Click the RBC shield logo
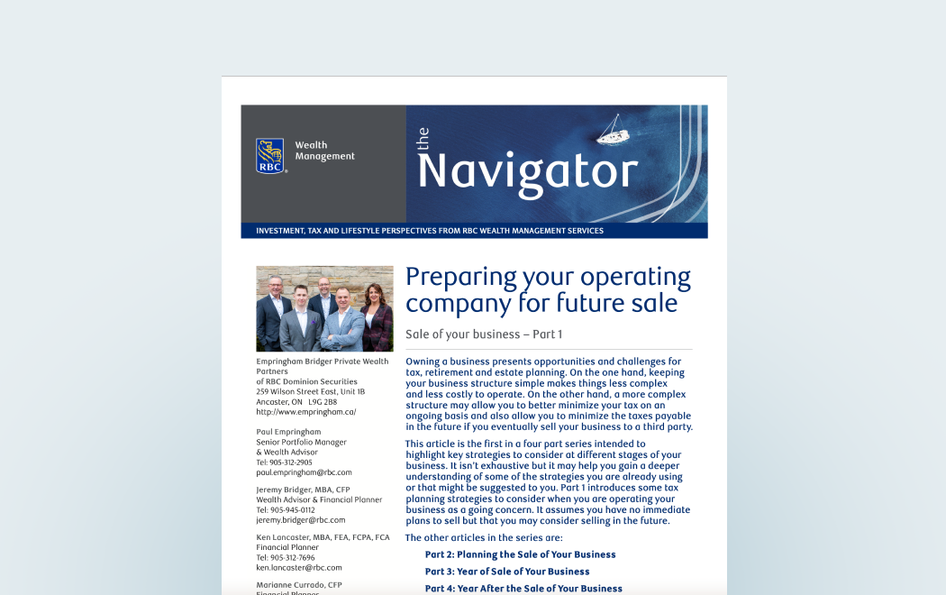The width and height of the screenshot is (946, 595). (x=270, y=155)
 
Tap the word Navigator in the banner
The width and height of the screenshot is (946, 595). (x=527, y=170)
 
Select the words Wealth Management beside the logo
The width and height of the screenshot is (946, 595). (x=324, y=151)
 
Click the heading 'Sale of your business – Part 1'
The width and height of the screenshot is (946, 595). (x=484, y=334)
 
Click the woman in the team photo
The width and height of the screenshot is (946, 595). (x=377, y=318)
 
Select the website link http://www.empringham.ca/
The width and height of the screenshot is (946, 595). (x=305, y=412)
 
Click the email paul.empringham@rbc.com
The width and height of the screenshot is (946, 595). (x=304, y=472)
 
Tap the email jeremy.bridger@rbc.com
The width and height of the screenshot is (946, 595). (x=300, y=520)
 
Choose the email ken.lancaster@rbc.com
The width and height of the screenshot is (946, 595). (x=299, y=568)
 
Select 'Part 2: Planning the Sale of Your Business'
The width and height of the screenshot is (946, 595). (x=520, y=554)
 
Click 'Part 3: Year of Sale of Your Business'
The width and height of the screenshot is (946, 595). (x=507, y=572)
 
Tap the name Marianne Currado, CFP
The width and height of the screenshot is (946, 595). (x=298, y=585)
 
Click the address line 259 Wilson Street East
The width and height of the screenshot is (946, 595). (x=310, y=392)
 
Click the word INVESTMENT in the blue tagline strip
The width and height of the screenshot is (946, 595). (x=277, y=231)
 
